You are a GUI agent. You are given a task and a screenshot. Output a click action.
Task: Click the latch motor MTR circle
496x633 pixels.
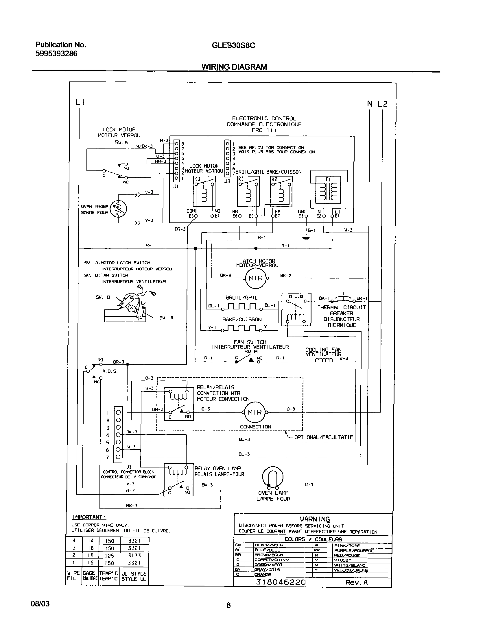pyautogui.click(x=256, y=278)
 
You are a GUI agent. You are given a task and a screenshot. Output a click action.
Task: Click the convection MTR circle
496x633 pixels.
pyautogui.click(x=255, y=412)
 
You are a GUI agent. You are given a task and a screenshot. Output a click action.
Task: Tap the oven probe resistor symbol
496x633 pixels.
pyautogui.click(x=119, y=209)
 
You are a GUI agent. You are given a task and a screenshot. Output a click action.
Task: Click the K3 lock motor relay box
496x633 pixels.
pyautogui.click(x=204, y=191)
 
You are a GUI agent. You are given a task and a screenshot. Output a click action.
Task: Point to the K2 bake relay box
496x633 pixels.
pyautogui.click(x=281, y=191)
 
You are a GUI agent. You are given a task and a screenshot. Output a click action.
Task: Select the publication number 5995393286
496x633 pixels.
pyautogui.click(x=56, y=54)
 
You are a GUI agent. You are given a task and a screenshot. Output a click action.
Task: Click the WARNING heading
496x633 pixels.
pyautogui.click(x=314, y=519)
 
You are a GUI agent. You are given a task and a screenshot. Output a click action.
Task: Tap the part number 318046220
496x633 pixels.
pyautogui.click(x=281, y=582)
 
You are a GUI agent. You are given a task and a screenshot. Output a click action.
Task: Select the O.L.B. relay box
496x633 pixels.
pyautogui.click(x=296, y=309)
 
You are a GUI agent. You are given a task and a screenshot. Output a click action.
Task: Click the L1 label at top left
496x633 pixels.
pyautogui.click(x=80, y=102)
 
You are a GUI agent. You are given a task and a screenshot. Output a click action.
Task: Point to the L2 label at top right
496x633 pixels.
pyautogui.click(x=382, y=104)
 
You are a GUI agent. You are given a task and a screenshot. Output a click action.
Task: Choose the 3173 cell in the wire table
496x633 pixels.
pyautogui.click(x=134, y=555)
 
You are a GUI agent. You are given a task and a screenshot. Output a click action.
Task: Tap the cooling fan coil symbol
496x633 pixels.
pyautogui.click(x=324, y=360)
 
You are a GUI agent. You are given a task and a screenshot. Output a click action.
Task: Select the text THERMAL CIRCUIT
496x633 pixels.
pyautogui.click(x=342, y=307)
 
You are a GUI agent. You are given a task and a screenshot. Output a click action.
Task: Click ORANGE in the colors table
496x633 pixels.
pyautogui.click(x=263, y=575)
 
